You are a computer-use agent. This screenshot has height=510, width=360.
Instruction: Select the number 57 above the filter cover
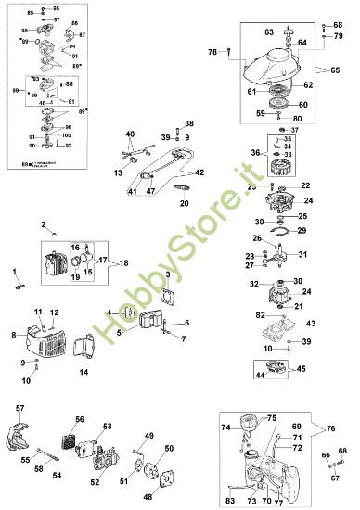[x=20, y=408]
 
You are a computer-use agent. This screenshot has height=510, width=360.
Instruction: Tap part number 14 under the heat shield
[x=83, y=373]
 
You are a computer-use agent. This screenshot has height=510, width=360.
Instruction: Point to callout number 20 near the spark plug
[x=185, y=201]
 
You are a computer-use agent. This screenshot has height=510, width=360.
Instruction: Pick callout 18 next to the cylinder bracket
[x=124, y=262]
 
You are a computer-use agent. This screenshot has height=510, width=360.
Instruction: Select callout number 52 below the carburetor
[x=96, y=482]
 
